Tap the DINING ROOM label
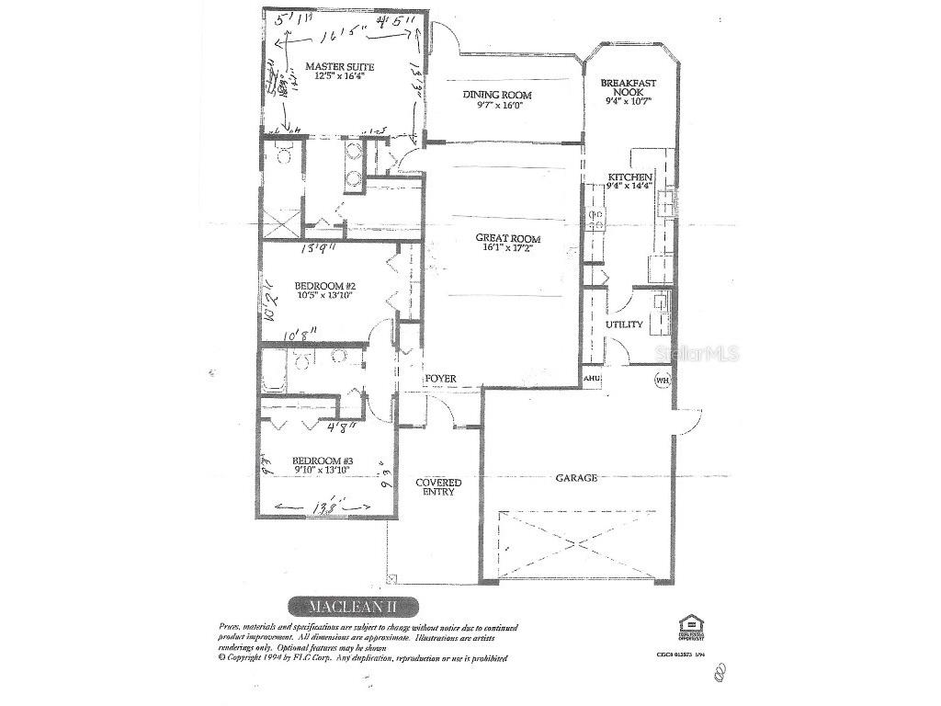pyautogui.click(x=496, y=95)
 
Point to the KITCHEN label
pyautogui.click(x=629, y=176)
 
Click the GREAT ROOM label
pyautogui.click(x=507, y=238)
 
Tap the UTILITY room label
pyautogui.click(x=624, y=325)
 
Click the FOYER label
pyautogui.click(x=440, y=379)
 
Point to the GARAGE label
pyautogui.click(x=576, y=478)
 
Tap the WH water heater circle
pyautogui.click(x=662, y=379)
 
